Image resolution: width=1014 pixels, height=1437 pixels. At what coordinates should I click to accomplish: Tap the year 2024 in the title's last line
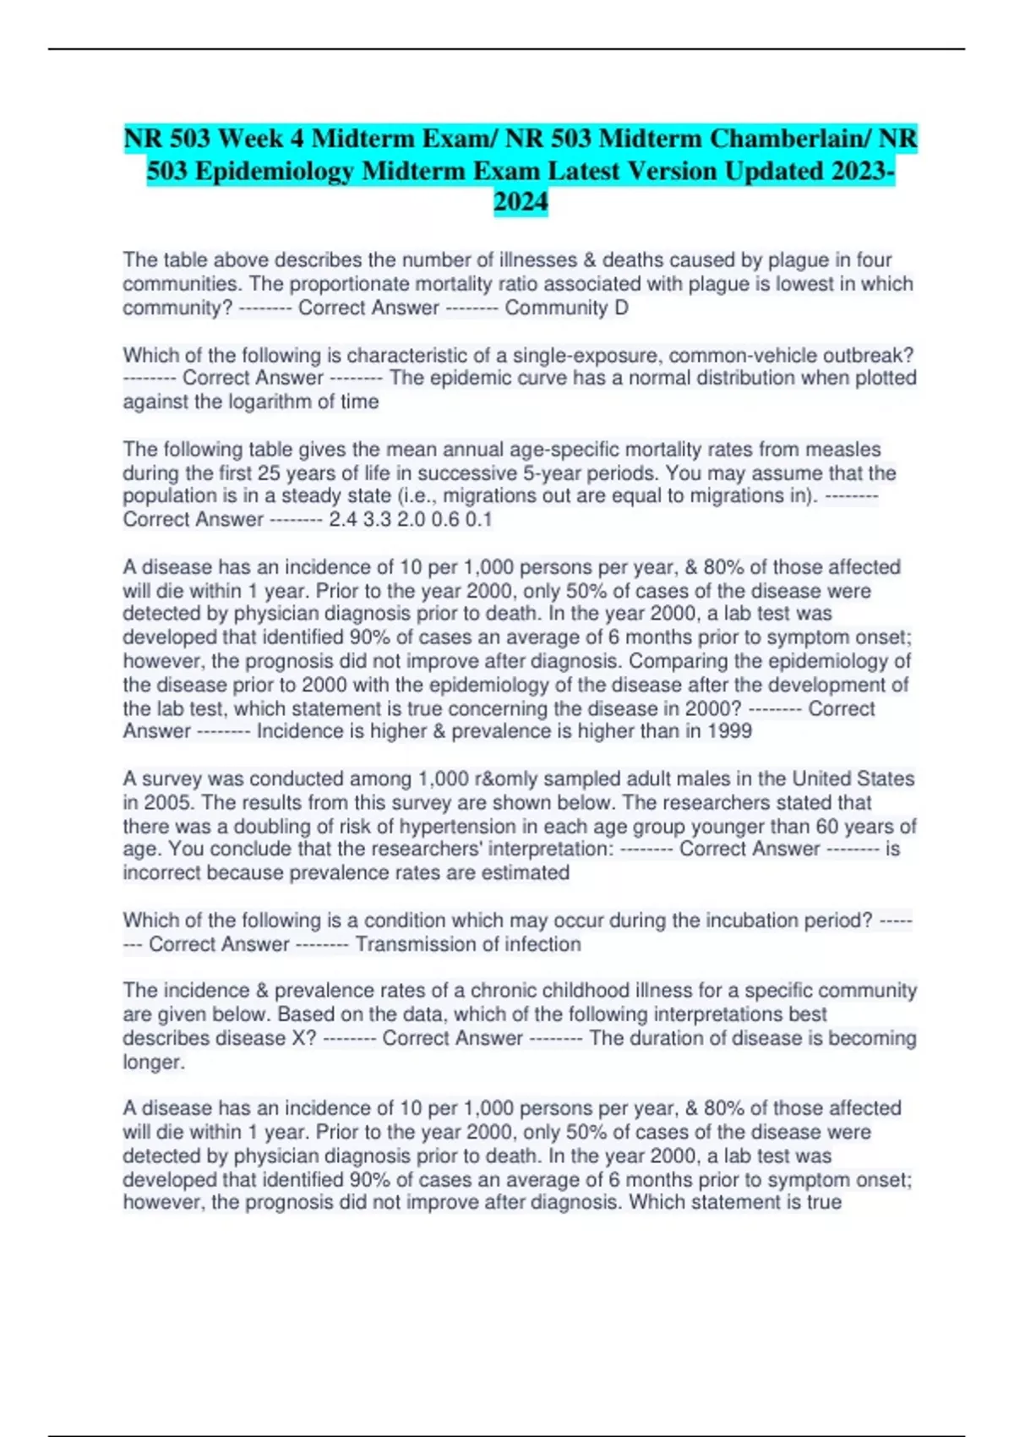point(521,202)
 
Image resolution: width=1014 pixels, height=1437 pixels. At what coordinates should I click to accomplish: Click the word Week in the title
point(258,138)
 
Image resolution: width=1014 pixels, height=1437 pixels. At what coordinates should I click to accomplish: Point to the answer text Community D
point(566,308)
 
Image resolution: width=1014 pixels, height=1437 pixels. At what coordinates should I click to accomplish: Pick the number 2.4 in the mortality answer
point(343,519)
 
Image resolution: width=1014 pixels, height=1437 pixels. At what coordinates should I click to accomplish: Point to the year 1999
point(729,731)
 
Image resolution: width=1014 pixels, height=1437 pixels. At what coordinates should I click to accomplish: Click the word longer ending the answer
point(153,1062)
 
